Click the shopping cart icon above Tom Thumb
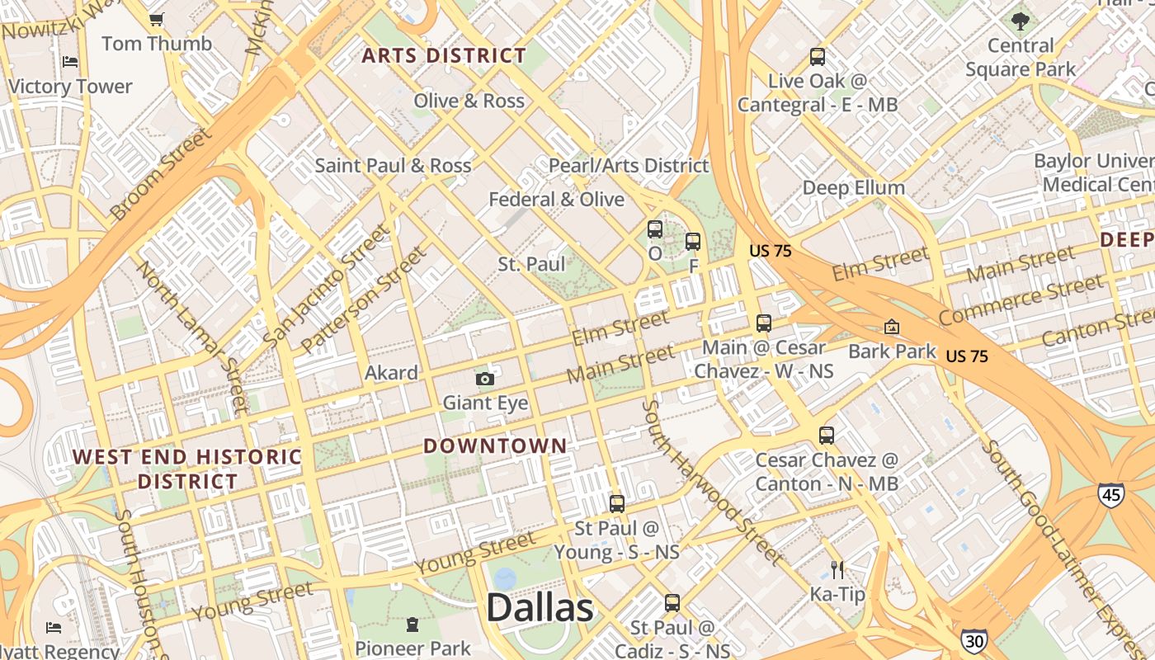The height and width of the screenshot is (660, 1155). coord(156,18)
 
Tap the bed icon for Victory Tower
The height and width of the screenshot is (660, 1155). coord(70,62)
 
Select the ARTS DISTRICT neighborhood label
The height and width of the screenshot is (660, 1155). coord(444,56)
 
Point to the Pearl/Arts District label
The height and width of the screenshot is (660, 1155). coord(629,166)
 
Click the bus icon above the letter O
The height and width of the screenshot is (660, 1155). coord(654,229)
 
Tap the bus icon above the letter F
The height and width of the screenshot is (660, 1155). coord(693,242)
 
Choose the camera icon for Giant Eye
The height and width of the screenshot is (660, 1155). coord(485,379)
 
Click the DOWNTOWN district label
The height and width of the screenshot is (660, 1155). coord(495,446)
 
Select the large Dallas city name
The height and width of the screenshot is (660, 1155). coord(540,608)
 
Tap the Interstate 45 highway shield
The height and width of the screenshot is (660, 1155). coord(1110,494)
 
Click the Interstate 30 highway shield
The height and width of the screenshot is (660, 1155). coord(973,640)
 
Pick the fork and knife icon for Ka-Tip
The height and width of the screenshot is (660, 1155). coord(837,569)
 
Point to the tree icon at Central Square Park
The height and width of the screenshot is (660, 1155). coord(1021,21)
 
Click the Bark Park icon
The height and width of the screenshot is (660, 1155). coord(892,327)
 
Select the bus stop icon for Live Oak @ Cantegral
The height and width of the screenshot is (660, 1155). coord(817,57)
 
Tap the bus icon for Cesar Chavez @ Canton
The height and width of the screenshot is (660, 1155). coord(827,435)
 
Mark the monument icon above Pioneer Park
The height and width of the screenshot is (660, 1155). coord(412,624)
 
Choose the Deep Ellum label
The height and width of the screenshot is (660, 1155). coord(854,188)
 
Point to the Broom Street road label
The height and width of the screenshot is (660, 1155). coord(161,174)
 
